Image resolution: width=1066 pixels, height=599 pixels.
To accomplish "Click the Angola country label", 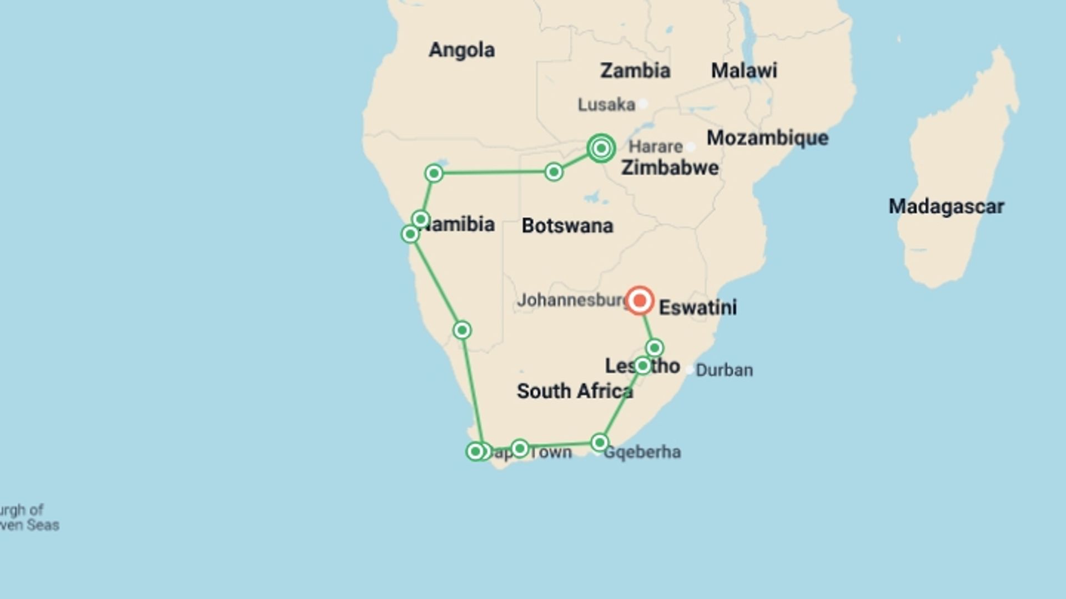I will [x=461, y=50].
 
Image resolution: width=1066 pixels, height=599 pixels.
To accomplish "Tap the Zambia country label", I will [x=635, y=70].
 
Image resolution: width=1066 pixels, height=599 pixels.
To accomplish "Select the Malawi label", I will [x=744, y=70].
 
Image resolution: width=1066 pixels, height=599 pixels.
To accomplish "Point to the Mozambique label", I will [x=767, y=138].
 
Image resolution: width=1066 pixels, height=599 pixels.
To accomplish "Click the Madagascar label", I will [x=946, y=206].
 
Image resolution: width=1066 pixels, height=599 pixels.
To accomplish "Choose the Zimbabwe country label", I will [x=670, y=167].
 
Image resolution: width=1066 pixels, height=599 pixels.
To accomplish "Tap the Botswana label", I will [x=567, y=226].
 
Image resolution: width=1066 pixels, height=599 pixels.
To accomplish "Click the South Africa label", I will [x=575, y=391].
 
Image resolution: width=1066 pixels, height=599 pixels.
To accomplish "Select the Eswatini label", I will [x=698, y=307].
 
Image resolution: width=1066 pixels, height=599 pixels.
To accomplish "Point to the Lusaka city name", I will [x=606, y=104].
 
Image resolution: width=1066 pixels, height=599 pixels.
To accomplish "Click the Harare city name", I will [x=655, y=146].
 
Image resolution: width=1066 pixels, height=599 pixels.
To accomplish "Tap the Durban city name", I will [x=724, y=370].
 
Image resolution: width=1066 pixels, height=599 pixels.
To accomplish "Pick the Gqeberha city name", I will [x=642, y=452].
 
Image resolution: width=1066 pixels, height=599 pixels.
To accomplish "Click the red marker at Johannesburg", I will [x=640, y=301].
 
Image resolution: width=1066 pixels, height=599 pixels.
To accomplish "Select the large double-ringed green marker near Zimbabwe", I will [x=601, y=148].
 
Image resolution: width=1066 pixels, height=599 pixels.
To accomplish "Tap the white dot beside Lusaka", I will [x=643, y=104].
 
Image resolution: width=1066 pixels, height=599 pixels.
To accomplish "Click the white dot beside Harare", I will [x=691, y=147].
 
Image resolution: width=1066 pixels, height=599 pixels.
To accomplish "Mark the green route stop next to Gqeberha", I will [x=600, y=443].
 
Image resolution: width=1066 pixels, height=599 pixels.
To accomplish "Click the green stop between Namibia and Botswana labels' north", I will [x=554, y=172].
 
